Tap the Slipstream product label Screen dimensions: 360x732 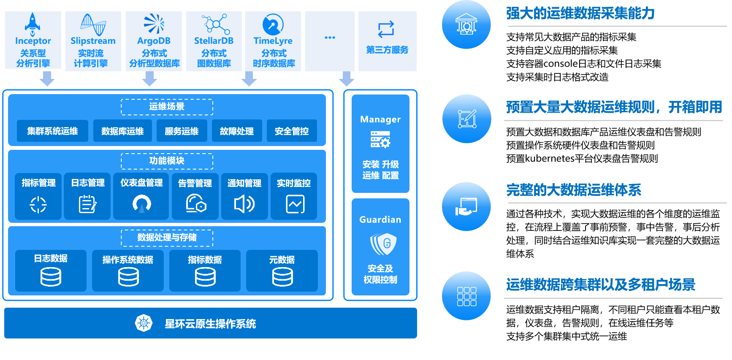click(93, 41)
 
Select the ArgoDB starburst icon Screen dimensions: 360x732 click(154, 23)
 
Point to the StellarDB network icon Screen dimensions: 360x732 click(215, 24)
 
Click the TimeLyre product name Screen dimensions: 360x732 click(273, 41)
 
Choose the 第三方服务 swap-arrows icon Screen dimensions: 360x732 click(386, 29)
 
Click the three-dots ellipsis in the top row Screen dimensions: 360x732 click(330, 38)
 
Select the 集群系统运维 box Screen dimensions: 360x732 click(52, 131)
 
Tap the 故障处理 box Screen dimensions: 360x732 click(236, 131)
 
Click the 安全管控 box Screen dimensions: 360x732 click(291, 131)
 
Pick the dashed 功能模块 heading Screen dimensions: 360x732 click(167, 161)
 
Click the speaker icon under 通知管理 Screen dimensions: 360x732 click(244, 204)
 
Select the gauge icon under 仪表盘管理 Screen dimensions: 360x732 click(141, 204)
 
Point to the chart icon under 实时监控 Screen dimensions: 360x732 click(295, 204)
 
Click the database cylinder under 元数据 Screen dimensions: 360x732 click(282, 277)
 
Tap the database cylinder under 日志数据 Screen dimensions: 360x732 click(51, 277)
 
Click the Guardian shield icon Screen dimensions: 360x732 click(383, 244)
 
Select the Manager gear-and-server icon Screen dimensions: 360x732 click(380, 140)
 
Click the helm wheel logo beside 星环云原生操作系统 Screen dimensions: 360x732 click(144, 323)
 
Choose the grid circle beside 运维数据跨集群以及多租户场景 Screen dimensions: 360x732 click(466, 296)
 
